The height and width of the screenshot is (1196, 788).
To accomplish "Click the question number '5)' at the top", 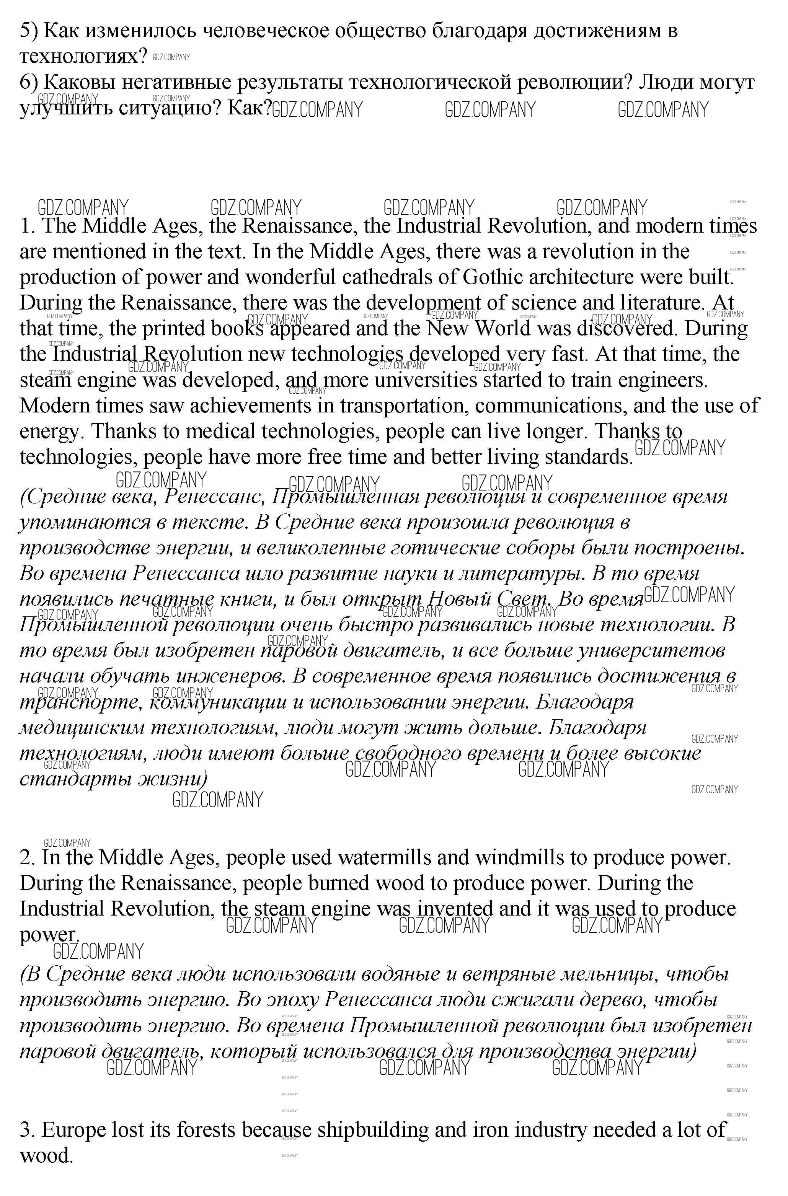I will pos(29,31).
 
